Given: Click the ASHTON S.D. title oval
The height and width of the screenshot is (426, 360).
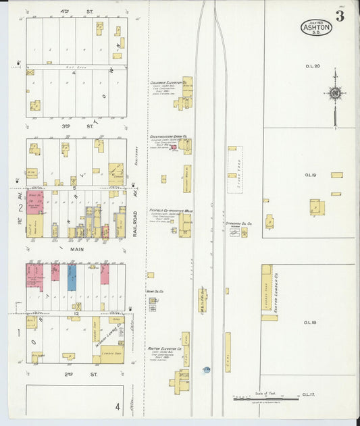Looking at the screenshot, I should pos(316,28).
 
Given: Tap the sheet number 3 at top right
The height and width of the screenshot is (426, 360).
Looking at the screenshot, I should pos(340,17).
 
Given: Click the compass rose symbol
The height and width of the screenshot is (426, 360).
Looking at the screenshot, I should pos(334,94).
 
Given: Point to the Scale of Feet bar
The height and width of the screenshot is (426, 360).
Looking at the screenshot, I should pos(266,398).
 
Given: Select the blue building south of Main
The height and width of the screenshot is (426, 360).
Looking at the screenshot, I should pos(72,277).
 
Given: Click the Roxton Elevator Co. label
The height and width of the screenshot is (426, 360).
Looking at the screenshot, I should pos(164,348).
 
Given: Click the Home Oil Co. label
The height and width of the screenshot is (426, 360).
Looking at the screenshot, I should pos(155,292).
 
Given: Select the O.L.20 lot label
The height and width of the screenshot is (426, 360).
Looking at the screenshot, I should pos(311,66).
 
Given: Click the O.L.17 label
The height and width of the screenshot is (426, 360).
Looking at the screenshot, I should pos(310,394).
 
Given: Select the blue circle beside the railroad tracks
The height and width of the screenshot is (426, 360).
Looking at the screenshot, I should pos(207,369).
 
